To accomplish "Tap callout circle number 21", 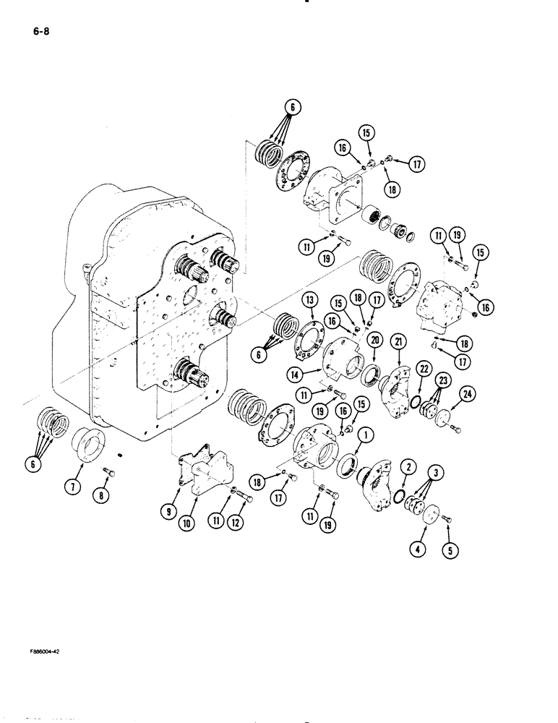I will (399, 341).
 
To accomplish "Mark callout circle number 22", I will (423, 367).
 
